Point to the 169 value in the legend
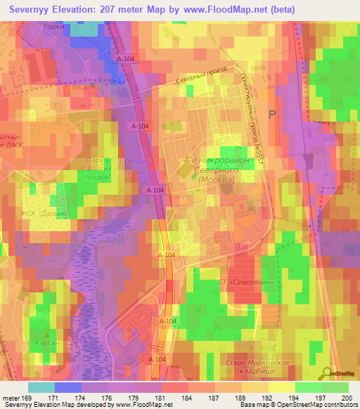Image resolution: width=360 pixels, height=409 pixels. click(x=29, y=397)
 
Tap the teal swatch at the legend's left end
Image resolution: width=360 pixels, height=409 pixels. click(x=41, y=387)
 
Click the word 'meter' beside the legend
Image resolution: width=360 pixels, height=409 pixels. click(x=11, y=397)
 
